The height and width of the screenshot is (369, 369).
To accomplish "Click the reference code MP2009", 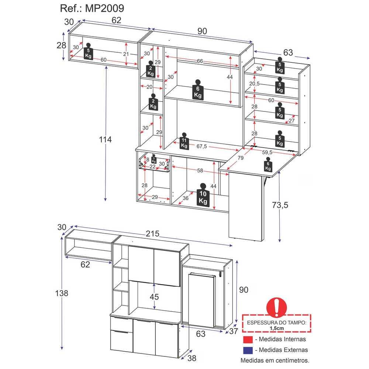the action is click(x=104, y=8).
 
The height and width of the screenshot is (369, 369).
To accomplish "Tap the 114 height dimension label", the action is click(x=105, y=139).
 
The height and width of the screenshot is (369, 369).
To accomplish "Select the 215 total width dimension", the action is click(x=152, y=234).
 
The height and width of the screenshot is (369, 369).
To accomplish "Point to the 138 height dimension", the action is click(x=62, y=293).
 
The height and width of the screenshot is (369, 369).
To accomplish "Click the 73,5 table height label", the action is click(x=280, y=205).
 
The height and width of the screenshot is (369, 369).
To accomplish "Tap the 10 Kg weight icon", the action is click(x=203, y=195).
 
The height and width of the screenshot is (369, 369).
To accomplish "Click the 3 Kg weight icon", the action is click(x=154, y=159).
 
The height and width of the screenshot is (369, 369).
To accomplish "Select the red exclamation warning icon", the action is click(x=276, y=307).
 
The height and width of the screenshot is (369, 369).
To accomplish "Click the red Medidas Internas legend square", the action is click(x=248, y=339).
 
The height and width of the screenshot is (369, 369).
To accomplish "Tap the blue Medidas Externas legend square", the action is click(x=248, y=350).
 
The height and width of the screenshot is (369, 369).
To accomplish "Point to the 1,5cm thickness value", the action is click(x=277, y=328).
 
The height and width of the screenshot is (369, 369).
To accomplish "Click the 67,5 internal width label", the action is click(x=202, y=146).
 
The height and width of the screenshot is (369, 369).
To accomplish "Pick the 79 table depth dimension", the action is click(x=241, y=158).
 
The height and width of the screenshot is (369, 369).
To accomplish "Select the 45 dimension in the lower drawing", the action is click(x=154, y=297).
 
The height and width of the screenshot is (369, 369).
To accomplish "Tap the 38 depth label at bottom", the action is click(x=192, y=358).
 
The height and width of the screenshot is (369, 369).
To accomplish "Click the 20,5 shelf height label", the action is click(x=254, y=84).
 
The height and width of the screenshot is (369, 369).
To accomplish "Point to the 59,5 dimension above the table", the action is click(x=267, y=152).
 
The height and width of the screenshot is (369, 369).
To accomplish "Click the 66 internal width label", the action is click(x=200, y=61).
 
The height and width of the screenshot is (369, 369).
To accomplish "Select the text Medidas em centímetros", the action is click(x=275, y=360).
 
